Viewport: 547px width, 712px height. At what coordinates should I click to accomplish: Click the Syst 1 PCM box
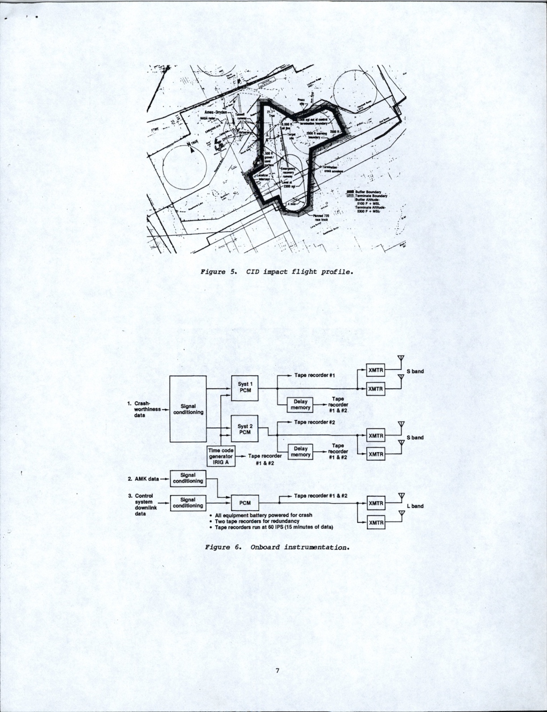[x=245, y=388]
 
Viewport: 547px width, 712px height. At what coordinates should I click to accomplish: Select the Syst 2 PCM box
[x=245, y=429]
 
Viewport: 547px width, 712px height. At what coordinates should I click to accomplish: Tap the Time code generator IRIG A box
[x=221, y=456]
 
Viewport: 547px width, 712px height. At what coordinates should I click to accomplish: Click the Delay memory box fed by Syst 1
[x=300, y=405]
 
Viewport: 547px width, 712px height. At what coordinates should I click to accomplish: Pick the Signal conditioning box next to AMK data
[x=188, y=478]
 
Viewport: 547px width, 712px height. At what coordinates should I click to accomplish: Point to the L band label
[x=415, y=506]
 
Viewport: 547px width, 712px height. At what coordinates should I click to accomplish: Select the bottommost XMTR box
[x=375, y=523]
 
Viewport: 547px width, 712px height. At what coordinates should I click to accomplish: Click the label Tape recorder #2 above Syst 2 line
[x=314, y=422]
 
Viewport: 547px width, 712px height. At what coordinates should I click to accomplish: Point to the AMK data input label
[x=147, y=479]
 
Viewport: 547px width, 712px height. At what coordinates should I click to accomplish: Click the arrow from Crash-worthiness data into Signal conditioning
[x=165, y=409]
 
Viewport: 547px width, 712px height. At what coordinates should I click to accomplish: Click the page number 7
[x=277, y=671]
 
